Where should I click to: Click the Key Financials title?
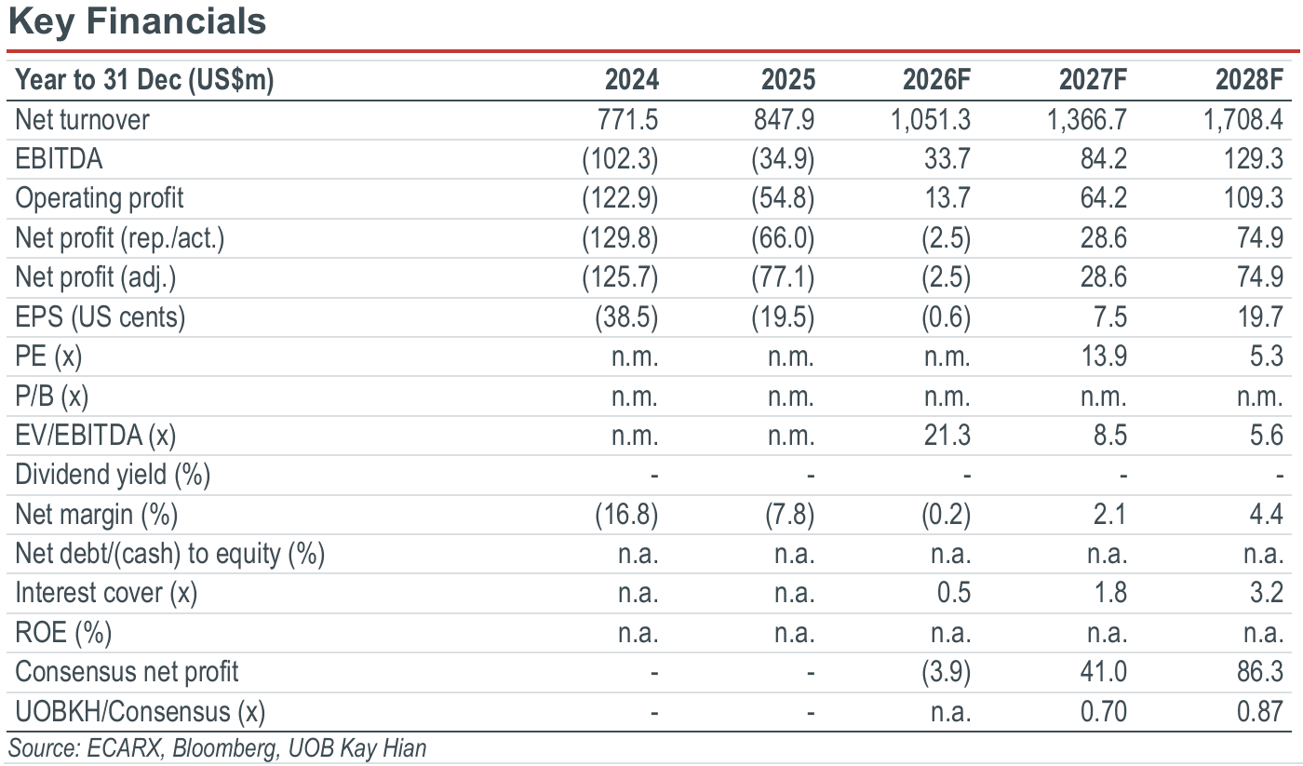[x=138, y=22]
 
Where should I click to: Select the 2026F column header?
[x=936, y=80]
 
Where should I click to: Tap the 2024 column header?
[x=632, y=80]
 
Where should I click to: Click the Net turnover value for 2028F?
[x=1243, y=120]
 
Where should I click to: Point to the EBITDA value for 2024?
[x=620, y=159]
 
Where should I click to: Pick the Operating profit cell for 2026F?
[x=947, y=198]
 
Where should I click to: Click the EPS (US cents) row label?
[x=101, y=317]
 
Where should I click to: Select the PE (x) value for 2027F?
[x=1104, y=356]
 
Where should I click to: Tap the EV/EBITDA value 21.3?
[x=947, y=435]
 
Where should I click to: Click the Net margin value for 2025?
[x=789, y=515]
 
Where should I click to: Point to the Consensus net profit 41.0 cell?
[x=1104, y=672]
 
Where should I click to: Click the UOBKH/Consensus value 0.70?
[x=1104, y=711]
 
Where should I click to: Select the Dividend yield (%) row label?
[x=113, y=475]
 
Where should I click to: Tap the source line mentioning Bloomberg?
[x=217, y=748]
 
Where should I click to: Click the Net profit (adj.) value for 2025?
[x=783, y=277]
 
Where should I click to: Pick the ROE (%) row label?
[x=63, y=633]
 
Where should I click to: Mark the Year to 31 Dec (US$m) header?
[x=144, y=80]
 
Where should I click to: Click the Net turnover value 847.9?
[x=784, y=120]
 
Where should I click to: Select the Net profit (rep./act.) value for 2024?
[x=620, y=238]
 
